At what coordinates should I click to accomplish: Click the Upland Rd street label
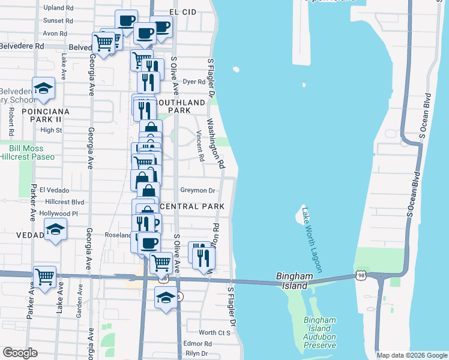59,8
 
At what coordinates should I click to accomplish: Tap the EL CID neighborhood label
183,11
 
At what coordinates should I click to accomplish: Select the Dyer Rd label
194,82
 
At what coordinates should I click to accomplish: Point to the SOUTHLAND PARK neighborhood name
173,106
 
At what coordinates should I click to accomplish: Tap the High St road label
51,130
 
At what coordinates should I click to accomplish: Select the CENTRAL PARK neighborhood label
192,206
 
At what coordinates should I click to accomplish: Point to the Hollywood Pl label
58,214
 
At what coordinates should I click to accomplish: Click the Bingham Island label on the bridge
295,281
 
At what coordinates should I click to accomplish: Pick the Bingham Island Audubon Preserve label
319,332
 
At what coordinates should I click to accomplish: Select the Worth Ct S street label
215,332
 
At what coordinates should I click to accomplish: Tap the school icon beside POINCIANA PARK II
44,89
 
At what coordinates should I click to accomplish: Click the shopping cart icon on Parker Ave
45,277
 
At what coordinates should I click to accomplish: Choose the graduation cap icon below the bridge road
166,297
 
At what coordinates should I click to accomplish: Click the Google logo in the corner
20,353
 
